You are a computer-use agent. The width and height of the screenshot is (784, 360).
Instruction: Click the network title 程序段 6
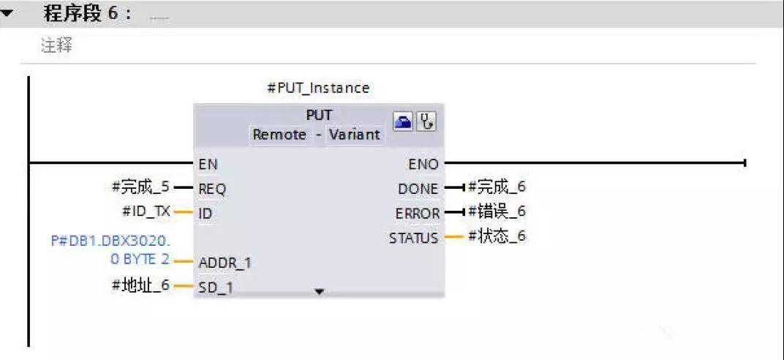click(87, 14)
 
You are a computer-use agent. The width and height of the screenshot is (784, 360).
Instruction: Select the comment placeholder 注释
click(56, 45)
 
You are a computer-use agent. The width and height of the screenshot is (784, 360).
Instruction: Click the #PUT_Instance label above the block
click(318, 88)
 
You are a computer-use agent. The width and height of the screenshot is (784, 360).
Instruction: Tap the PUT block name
click(319, 116)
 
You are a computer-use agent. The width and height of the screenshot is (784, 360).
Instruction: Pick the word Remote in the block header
click(279, 135)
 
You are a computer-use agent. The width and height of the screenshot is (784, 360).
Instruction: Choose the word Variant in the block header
click(354, 135)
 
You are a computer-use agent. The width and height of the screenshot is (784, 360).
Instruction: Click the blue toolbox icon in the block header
click(404, 122)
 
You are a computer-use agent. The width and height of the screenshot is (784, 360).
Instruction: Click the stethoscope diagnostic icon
click(426, 122)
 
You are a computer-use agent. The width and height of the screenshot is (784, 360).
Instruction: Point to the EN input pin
click(208, 164)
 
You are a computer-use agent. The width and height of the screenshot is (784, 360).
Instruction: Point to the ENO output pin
click(423, 164)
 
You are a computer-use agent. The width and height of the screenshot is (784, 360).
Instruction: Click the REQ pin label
click(212, 189)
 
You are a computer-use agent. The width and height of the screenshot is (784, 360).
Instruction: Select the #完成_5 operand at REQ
click(140, 187)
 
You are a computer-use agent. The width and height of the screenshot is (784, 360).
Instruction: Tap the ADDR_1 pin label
click(225, 262)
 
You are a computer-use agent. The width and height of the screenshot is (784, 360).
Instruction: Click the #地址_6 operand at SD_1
click(140, 285)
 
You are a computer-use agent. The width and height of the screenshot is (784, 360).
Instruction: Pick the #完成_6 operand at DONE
click(497, 187)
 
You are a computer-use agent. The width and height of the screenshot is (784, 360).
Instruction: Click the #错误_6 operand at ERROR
click(497, 211)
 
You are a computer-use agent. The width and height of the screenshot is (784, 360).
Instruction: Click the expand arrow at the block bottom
click(318, 292)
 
